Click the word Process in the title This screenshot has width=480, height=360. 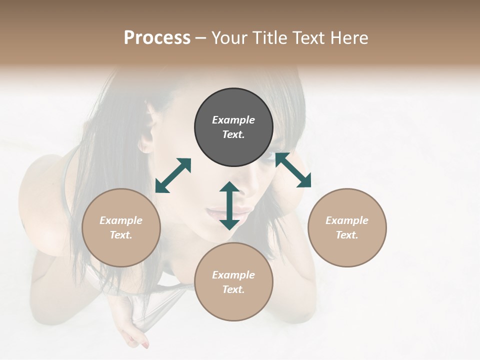[157, 38]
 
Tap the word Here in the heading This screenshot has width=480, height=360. [348, 38]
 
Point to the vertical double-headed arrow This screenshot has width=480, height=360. [229, 205]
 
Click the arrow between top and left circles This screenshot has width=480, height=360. [173, 175]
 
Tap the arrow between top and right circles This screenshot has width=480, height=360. [293, 170]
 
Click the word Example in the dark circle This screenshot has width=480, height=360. [233, 120]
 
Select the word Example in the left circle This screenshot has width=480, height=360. [121, 220]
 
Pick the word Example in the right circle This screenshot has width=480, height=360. [347, 220]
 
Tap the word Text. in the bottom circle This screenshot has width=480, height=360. [233, 289]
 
